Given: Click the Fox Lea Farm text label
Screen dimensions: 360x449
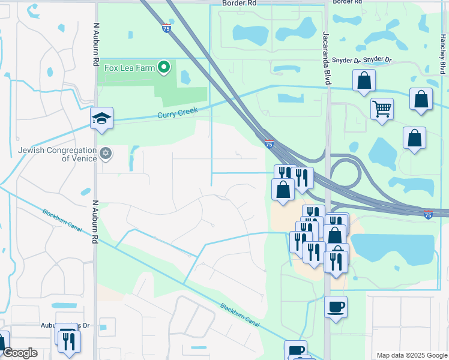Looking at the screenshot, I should [x=130, y=68].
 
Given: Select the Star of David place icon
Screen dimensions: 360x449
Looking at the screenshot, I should [x=106, y=154].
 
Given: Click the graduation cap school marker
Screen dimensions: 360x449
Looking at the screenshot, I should [x=102, y=118].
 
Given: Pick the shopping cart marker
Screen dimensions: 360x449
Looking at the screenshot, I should [x=381, y=109].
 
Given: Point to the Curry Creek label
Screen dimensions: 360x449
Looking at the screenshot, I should [x=177, y=113].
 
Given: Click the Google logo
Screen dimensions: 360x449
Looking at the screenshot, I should [x=20, y=353].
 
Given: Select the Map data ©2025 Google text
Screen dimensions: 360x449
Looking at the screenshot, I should [x=412, y=355].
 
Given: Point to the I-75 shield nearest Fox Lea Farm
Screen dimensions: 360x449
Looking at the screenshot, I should [x=166, y=28].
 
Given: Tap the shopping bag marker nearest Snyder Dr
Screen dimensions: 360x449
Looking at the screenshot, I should [x=364, y=80].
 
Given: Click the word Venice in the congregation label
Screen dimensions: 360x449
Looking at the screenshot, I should [x=84, y=158].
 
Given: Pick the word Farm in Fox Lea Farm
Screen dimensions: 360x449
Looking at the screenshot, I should [x=145, y=68].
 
